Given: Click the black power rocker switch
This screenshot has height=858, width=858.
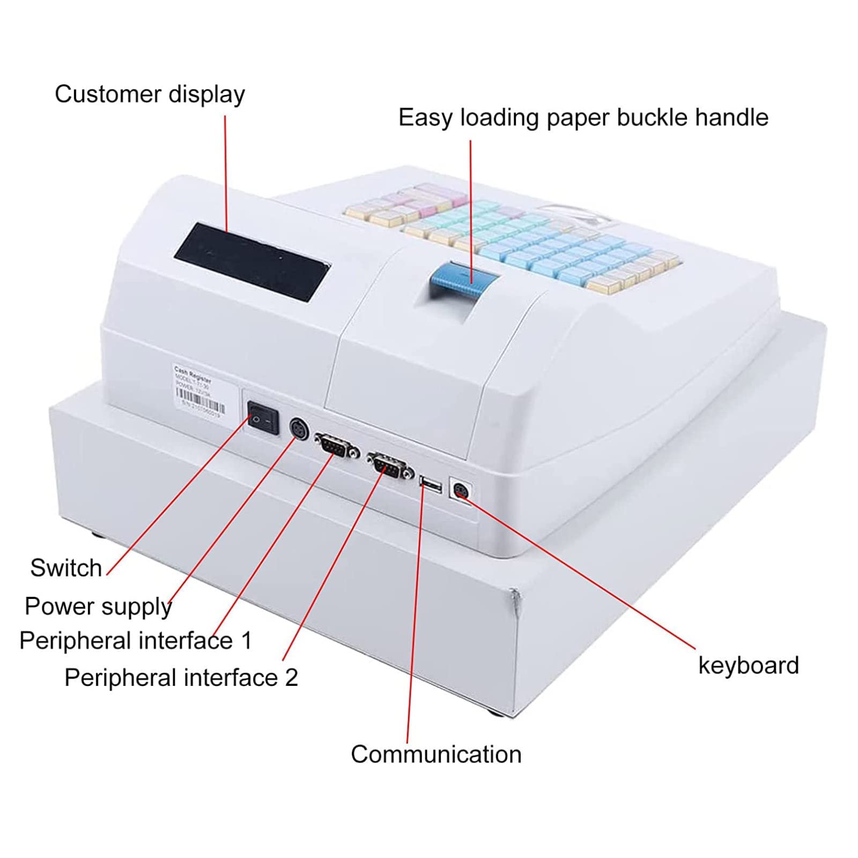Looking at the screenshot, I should (263, 418).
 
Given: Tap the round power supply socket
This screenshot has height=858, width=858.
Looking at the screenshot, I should (299, 430).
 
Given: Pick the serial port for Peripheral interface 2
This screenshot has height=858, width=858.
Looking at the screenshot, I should (390, 464).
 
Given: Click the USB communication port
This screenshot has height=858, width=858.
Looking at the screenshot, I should (431, 485).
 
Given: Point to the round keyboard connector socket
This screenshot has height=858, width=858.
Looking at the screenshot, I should (461, 491).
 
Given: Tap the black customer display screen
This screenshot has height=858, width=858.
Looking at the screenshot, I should (251, 261).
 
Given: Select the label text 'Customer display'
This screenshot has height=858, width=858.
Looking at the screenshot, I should (150, 94).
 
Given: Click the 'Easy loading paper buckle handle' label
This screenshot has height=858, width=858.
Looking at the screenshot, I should (583, 117).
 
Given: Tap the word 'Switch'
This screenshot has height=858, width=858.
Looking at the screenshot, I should (66, 568).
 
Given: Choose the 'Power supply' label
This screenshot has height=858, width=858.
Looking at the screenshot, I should (98, 606).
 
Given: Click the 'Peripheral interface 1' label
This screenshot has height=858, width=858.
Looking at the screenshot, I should (135, 641).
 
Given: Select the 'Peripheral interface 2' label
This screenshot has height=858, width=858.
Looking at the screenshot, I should (181, 678).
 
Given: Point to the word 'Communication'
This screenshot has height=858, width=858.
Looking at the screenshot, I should (436, 755).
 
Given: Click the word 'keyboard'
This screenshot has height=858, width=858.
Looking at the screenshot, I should (748, 665).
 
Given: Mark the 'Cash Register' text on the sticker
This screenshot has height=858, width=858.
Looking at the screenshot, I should (193, 371).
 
